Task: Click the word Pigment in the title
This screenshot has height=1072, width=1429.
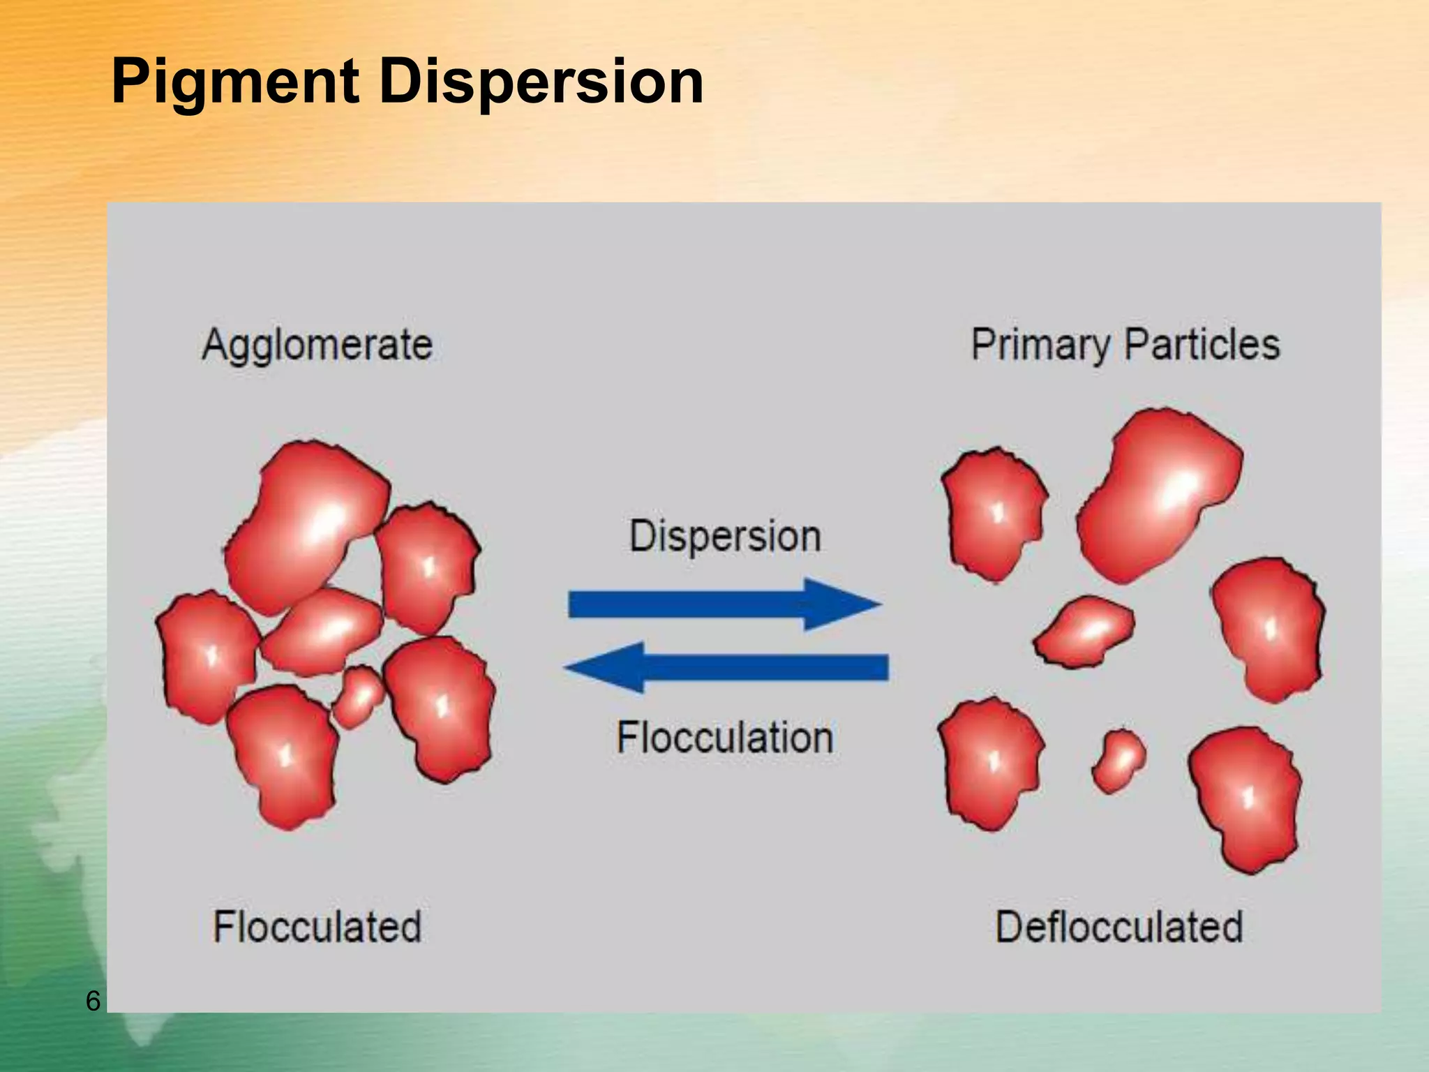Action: tap(235, 82)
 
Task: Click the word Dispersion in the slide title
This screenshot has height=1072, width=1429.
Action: tap(541, 82)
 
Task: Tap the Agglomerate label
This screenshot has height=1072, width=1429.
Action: tap(317, 345)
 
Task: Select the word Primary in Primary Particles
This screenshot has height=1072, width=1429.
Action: tap(1040, 345)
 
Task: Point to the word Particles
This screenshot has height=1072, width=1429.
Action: tap(1202, 345)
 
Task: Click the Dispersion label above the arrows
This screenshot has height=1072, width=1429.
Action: tap(725, 536)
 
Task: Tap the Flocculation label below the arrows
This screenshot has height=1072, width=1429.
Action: tap(725, 738)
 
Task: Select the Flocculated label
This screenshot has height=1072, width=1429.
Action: tap(317, 927)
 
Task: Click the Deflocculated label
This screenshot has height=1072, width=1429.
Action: tap(1119, 927)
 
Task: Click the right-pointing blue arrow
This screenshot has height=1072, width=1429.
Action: tap(725, 604)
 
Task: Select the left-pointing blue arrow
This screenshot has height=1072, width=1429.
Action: tap(725, 667)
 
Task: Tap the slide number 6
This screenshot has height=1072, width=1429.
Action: tap(93, 1001)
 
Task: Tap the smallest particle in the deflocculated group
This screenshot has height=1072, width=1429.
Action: tap(1118, 761)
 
